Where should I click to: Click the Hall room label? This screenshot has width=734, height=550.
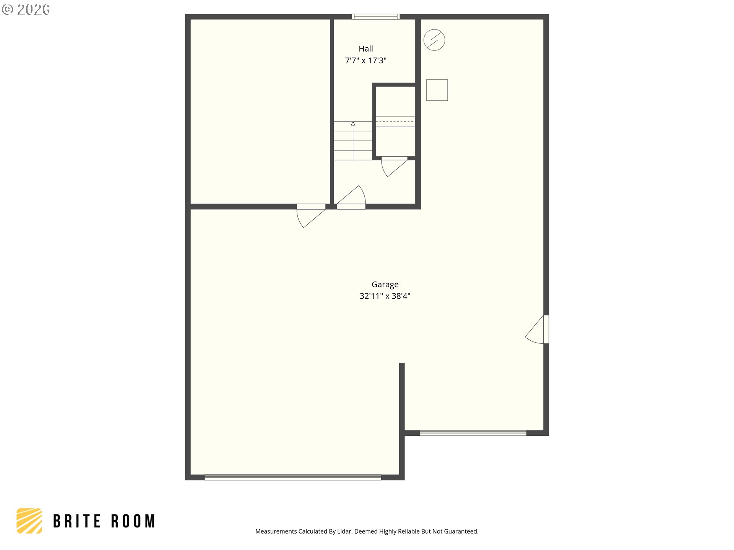coord(365,49)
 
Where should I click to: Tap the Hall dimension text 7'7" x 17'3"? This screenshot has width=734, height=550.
coord(366,60)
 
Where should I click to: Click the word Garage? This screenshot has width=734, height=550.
coord(385,285)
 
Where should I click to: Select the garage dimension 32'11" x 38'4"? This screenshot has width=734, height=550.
coord(385,296)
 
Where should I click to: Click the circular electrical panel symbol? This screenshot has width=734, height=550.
coord(434,40)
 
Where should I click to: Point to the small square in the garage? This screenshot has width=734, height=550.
coord(437,90)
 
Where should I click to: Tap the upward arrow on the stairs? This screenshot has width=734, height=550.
coord(353,141)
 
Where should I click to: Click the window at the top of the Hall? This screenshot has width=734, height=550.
coord(376,16)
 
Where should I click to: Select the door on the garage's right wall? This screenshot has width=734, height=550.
coord(537,329)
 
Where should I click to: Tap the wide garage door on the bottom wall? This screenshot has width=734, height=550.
coord(293,477)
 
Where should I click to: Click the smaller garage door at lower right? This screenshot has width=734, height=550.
coord(473,433)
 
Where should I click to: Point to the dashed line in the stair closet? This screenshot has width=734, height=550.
coord(395,121)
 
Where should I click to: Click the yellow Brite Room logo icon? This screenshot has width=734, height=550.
coord(29,521)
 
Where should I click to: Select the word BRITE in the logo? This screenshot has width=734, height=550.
coord(77,521)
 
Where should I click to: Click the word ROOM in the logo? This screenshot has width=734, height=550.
coord(133,521)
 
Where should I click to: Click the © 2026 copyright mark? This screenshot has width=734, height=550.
coord(26,9)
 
